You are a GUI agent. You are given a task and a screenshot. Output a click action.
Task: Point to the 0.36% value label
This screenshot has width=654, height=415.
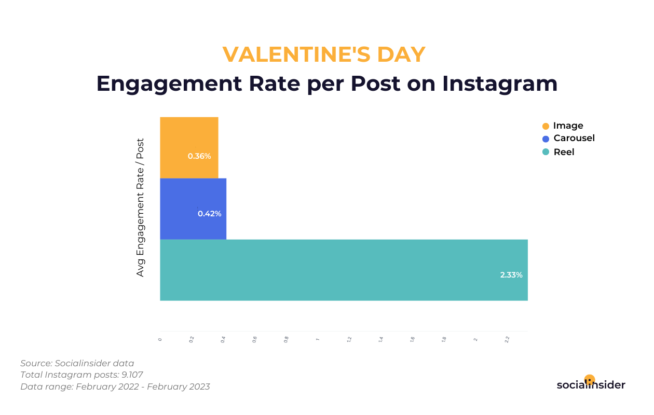[199, 156]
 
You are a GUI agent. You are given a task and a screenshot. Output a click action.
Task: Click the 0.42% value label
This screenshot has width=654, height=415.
[210, 214]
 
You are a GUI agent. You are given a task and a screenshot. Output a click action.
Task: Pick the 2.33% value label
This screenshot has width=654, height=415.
[511, 275]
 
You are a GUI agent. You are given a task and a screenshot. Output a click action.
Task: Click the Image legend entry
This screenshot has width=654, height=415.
[568, 126]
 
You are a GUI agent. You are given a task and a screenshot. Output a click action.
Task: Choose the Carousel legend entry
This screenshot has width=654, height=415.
[574, 138]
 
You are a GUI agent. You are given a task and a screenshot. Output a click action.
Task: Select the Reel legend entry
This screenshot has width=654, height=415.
[564, 152]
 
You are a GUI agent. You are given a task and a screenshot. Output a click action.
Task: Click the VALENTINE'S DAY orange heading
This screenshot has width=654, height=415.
[324, 54]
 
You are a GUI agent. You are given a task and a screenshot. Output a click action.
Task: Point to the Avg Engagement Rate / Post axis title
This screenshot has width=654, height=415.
[141, 207]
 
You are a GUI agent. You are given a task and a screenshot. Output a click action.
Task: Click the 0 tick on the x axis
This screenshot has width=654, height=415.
[160, 339]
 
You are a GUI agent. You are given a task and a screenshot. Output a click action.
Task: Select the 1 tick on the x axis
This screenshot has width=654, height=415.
[317, 339]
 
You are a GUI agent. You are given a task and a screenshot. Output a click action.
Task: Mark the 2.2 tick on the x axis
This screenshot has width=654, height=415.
[507, 339]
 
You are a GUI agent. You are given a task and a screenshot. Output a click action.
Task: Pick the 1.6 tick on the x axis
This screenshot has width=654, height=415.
[412, 339]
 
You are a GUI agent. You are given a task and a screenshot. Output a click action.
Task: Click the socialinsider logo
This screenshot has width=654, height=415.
[591, 384]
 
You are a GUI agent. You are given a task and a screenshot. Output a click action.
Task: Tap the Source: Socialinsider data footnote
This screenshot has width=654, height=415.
[77, 363]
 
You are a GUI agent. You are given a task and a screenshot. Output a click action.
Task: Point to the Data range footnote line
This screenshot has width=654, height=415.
[115, 386]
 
